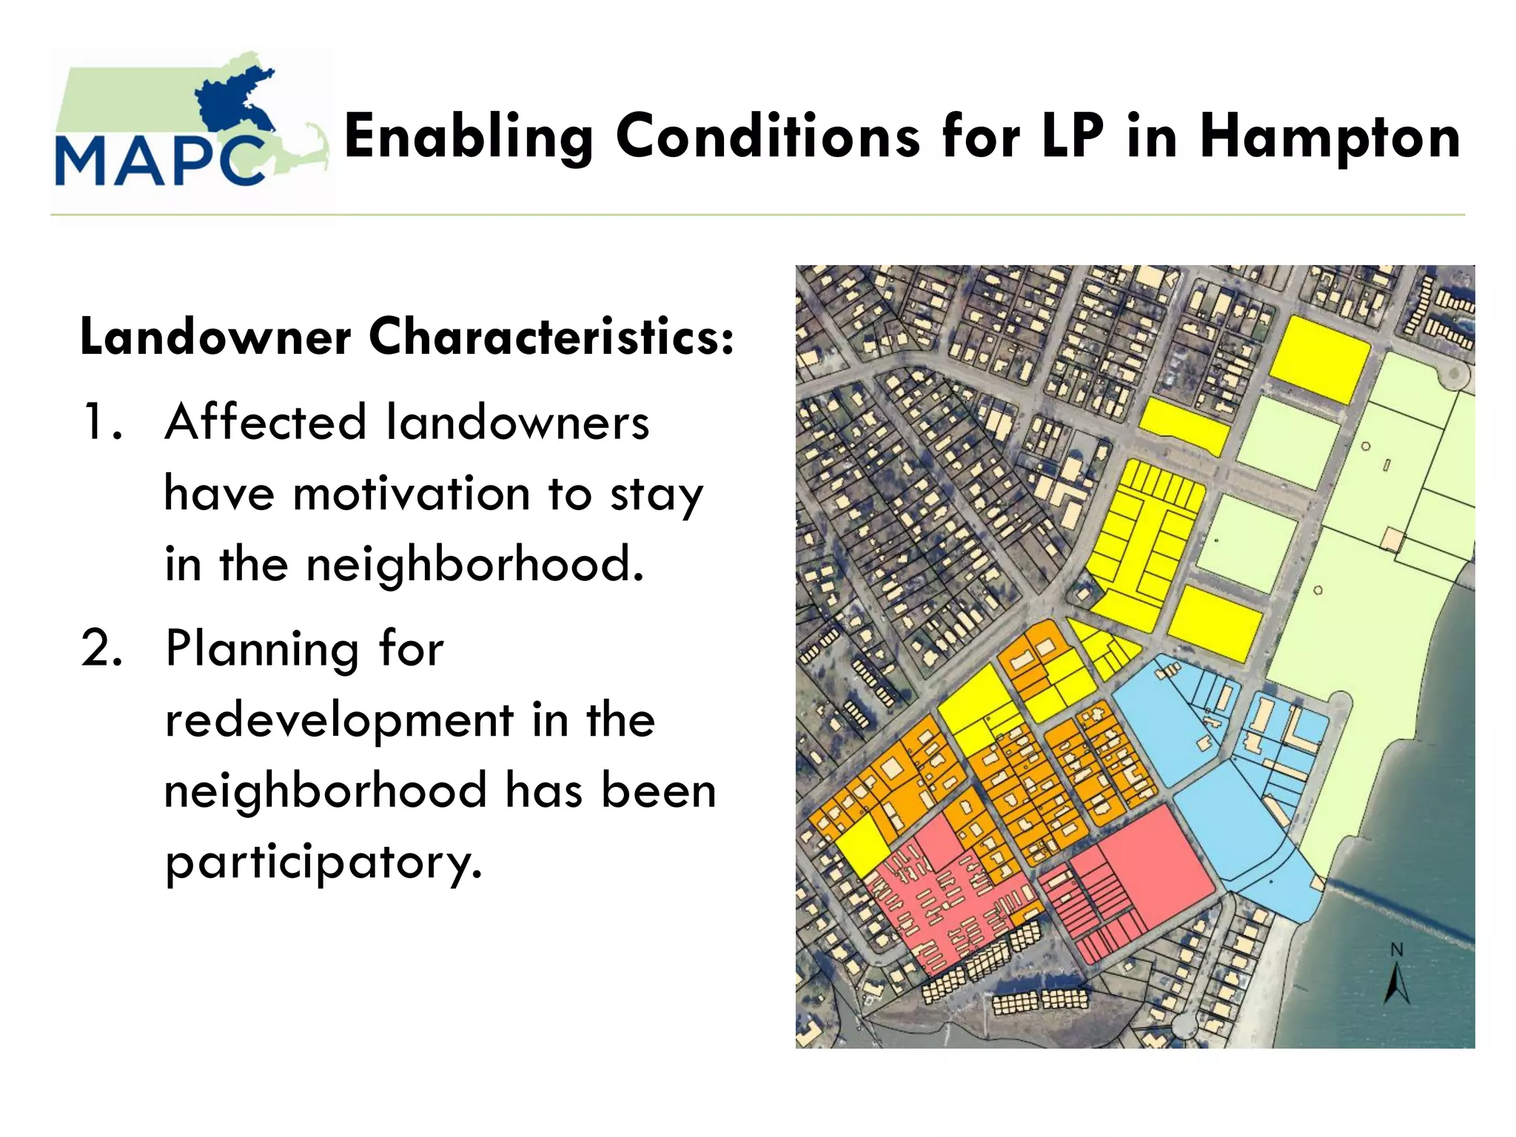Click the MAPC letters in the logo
click(159, 160)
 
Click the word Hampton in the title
click(1329, 138)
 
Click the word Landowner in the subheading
click(215, 337)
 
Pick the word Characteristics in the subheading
click(551, 337)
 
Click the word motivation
click(412, 494)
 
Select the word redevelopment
click(338, 720)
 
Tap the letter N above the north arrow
click(1397, 950)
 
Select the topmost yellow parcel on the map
click(1320, 359)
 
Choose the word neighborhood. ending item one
click(474, 565)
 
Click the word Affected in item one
click(265, 422)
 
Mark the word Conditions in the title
click(768, 138)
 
